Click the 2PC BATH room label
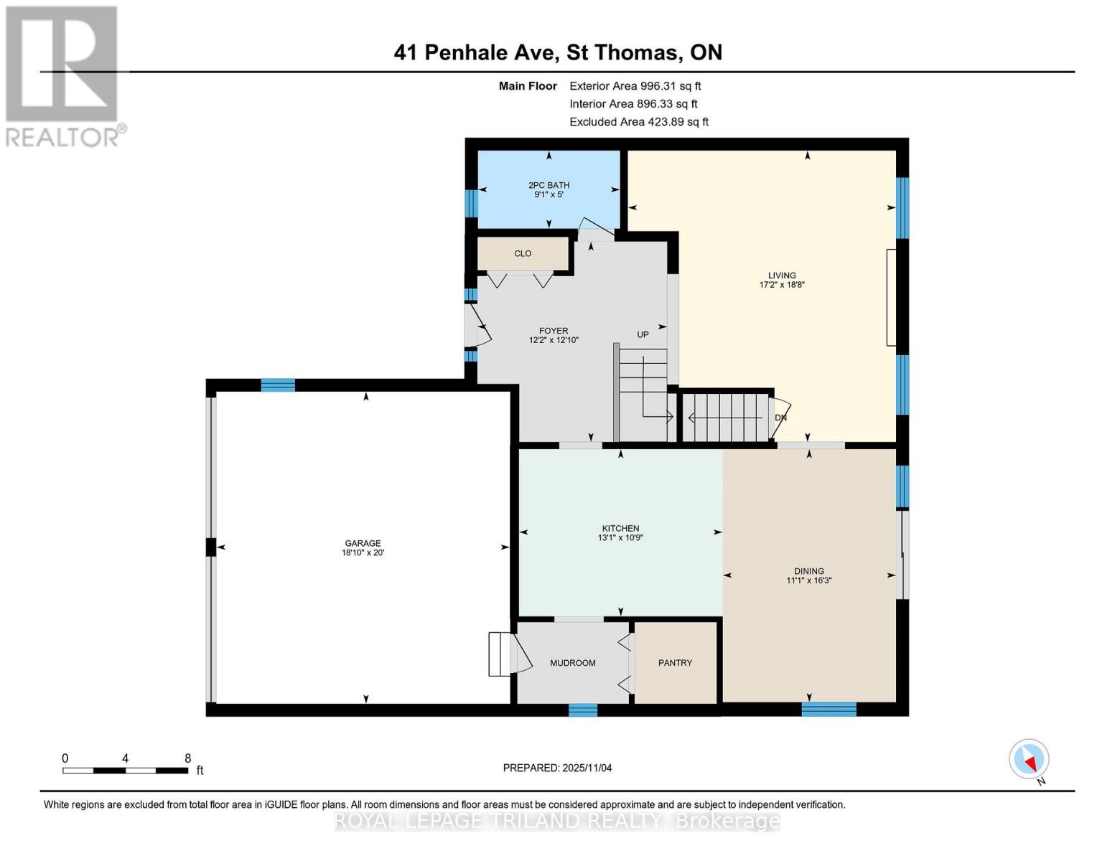[x=549, y=185]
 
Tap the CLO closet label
[x=523, y=253]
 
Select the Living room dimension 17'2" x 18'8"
[x=782, y=285]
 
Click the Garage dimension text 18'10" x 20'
[x=363, y=553]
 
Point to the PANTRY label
[x=675, y=663]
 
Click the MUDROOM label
[x=572, y=663]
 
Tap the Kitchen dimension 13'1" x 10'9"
[x=620, y=537]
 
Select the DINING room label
[x=809, y=571]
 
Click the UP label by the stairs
[x=643, y=334]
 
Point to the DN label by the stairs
[x=780, y=418]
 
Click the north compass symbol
[x=1029, y=759]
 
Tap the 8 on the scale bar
[x=188, y=758]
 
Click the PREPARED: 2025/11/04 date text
[x=557, y=768]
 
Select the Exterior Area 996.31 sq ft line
[x=635, y=85]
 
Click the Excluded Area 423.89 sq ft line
[x=638, y=122]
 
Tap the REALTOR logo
[x=63, y=75]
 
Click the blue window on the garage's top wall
[x=278, y=385]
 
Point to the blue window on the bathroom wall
[x=471, y=203]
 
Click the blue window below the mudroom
[x=582, y=710]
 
